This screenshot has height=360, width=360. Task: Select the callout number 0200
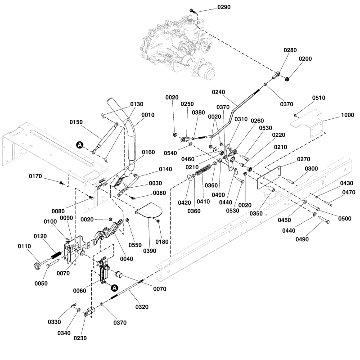click(x=304, y=59)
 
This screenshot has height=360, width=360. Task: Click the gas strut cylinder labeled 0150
click(x=104, y=137)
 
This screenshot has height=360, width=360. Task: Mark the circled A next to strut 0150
click(x=80, y=144)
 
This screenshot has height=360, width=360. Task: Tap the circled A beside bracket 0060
click(x=114, y=288)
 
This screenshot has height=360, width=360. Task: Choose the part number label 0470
click(x=349, y=193)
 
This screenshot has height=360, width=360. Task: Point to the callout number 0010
click(x=148, y=114)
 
